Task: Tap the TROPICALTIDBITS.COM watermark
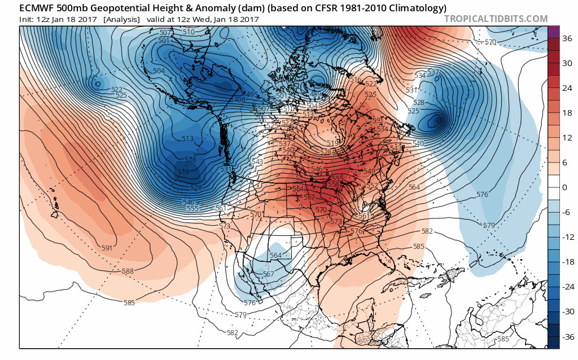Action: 496,19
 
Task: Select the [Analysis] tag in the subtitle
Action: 121,19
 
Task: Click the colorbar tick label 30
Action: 567,63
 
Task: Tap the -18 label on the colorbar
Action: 568,262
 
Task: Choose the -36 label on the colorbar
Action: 568,337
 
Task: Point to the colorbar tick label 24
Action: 567,87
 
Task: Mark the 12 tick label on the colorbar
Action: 567,138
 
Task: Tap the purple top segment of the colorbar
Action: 553,32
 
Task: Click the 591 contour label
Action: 107,248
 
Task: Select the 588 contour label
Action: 128,271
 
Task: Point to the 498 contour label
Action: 240,100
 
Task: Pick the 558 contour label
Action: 334,184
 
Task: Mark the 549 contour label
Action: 370,172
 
